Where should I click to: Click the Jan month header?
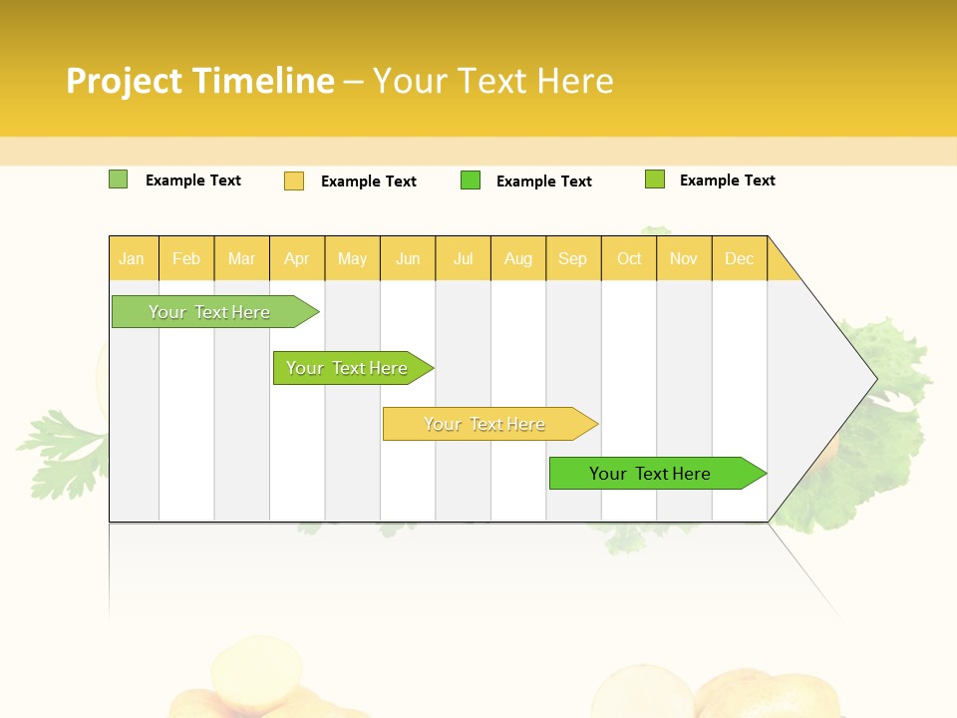133,258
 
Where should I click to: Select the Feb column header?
186,258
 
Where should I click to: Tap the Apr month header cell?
297,258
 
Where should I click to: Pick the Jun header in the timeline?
408,258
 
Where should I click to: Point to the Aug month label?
518,258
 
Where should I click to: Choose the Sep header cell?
573,258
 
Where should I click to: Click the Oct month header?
629,258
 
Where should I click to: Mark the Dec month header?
740,258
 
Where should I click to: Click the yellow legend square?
294,180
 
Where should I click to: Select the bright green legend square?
471,180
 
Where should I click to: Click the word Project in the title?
126,81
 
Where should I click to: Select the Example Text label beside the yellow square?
369,181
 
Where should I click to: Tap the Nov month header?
684,258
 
